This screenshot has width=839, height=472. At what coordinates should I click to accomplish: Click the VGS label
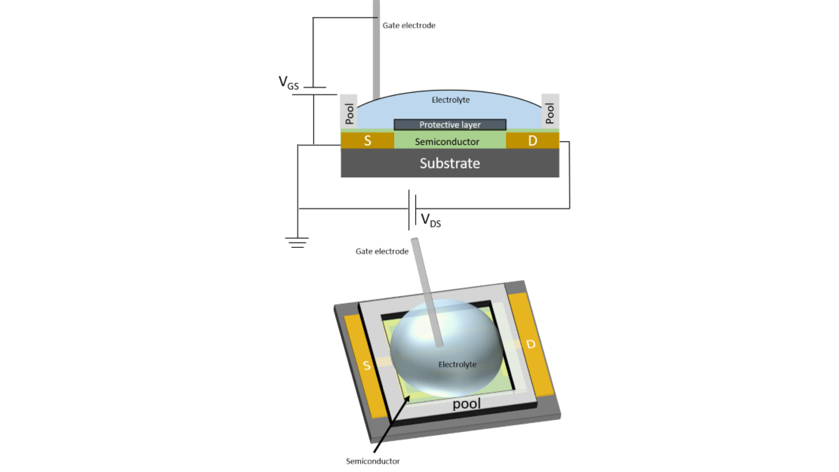click(x=289, y=83)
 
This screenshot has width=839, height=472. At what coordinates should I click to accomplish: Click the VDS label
click(x=431, y=220)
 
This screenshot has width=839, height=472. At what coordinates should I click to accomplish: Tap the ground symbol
click(x=297, y=243)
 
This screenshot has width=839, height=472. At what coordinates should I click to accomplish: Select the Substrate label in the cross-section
click(x=450, y=163)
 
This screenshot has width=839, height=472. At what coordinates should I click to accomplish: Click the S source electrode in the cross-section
click(x=367, y=141)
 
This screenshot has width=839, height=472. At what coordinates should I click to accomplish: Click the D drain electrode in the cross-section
click(x=532, y=141)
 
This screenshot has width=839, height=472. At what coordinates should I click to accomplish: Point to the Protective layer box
click(x=450, y=125)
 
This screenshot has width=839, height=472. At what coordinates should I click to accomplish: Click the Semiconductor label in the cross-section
click(x=447, y=142)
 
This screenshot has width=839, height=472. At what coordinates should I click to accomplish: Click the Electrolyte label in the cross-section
click(x=451, y=100)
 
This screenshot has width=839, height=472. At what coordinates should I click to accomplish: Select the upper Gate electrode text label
click(x=409, y=25)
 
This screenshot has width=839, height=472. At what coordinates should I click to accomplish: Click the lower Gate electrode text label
click(x=382, y=251)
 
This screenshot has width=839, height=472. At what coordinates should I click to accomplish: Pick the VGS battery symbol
click(x=314, y=91)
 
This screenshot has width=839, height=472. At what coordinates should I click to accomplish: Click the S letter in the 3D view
click(x=367, y=365)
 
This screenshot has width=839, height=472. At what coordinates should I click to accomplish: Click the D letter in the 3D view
click(x=531, y=344)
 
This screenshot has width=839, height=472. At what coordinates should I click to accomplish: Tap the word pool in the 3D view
click(x=466, y=404)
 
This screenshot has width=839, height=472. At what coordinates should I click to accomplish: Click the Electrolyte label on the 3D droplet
click(x=457, y=364)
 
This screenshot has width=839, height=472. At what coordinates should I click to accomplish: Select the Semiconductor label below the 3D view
click(x=373, y=461)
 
